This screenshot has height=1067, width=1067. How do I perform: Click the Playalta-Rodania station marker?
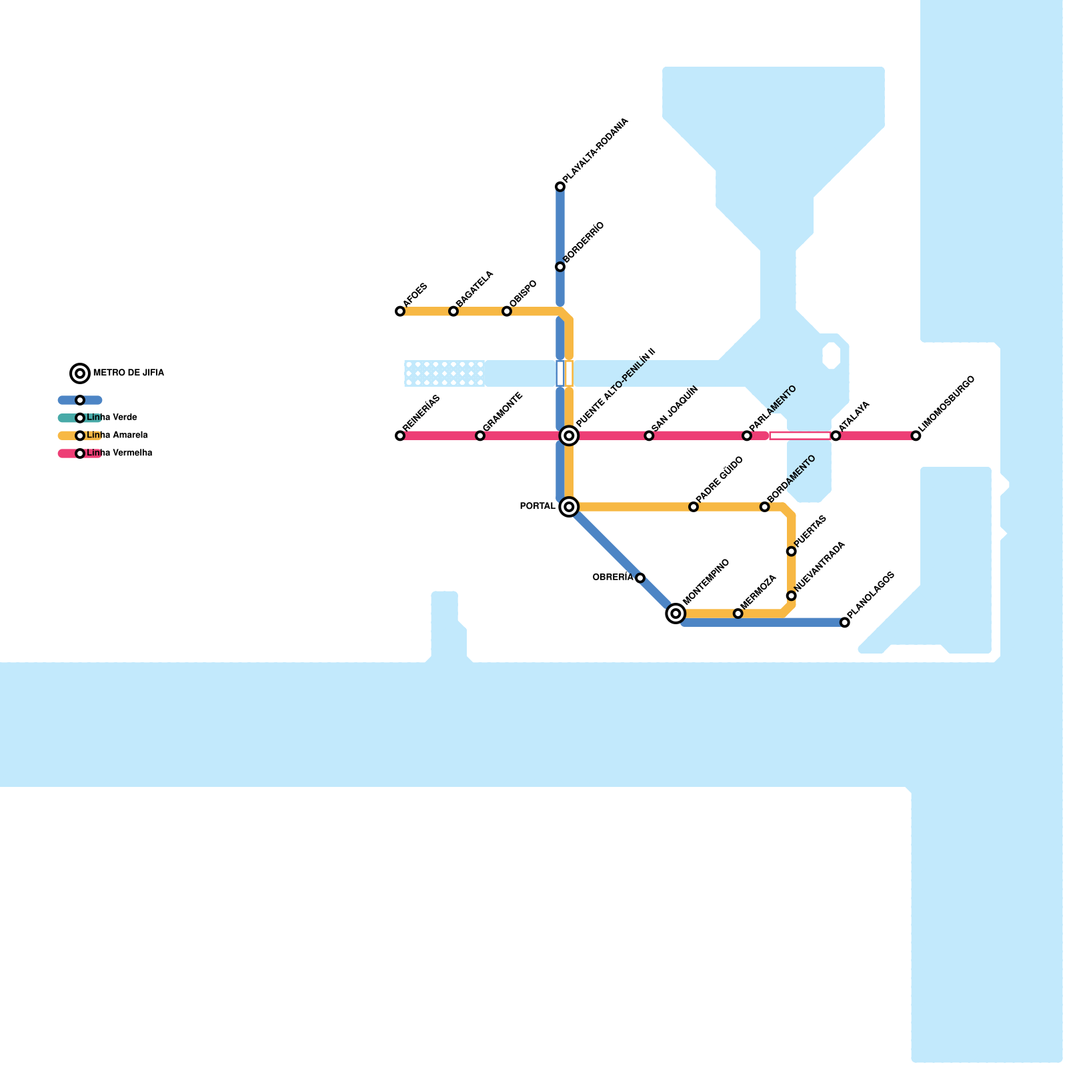click(x=560, y=187)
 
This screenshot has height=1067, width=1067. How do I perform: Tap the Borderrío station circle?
click(x=560, y=267)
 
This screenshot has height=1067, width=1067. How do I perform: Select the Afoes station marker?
click(x=400, y=311)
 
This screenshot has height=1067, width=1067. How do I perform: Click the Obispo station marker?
click(x=507, y=311)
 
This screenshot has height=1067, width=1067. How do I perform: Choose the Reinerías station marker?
click(x=400, y=436)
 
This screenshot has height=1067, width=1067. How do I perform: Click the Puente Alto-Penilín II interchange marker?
click(x=569, y=436)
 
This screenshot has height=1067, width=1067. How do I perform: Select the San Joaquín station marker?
click(x=649, y=436)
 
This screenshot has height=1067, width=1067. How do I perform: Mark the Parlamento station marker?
click(x=747, y=436)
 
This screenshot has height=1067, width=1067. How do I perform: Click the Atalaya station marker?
click(x=836, y=436)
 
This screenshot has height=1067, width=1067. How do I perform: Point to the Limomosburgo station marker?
click(x=916, y=436)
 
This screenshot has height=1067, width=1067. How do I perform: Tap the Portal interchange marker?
click(x=569, y=507)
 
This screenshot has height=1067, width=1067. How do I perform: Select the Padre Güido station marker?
click(x=694, y=507)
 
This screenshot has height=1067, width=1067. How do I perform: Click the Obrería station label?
click(x=612, y=578)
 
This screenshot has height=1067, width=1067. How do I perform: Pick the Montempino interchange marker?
click(x=676, y=614)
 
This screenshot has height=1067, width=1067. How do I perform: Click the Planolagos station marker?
click(x=845, y=623)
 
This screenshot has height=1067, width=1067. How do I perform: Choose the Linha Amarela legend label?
click(x=117, y=435)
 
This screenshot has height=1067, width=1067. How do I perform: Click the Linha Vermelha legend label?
click(x=119, y=453)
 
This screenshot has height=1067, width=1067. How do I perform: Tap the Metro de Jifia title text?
click(x=129, y=373)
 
